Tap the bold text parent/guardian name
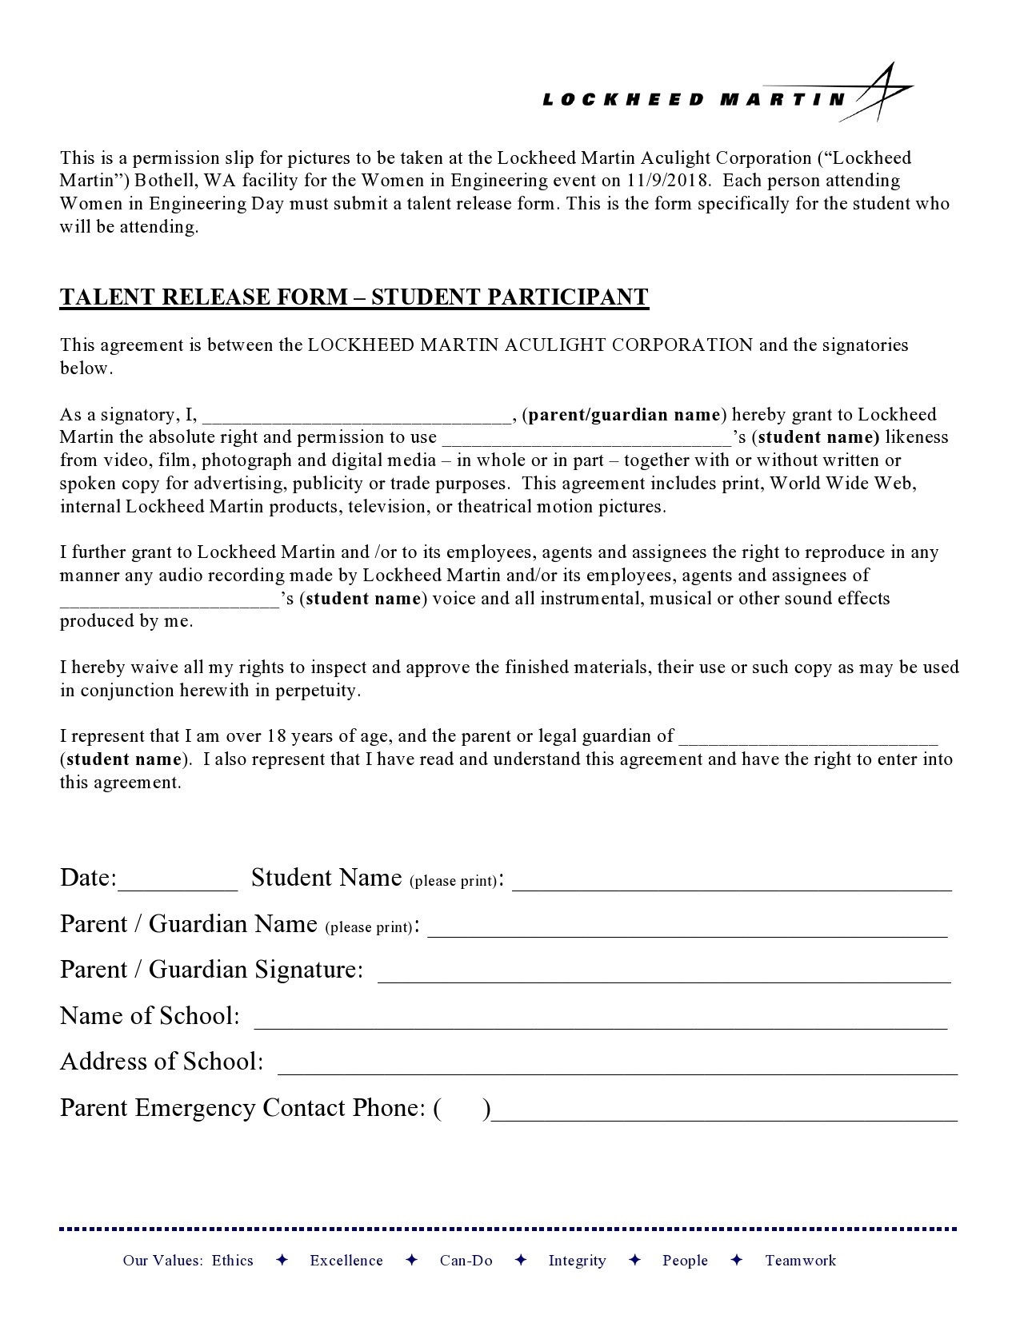pyautogui.click(x=624, y=414)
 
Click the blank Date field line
pyautogui.click(x=178, y=883)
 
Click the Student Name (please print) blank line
pyautogui.click(x=731, y=883)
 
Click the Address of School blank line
pyautogui.click(x=616, y=1067)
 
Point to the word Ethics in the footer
pyautogui.click(x=233, y=1261)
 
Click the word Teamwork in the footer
pyautogui.click(x=800, y=1261)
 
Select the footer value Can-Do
pyautogui.click(x=466, y=1261)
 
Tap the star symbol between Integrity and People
pyautogui.click(x=634, y=1261)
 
